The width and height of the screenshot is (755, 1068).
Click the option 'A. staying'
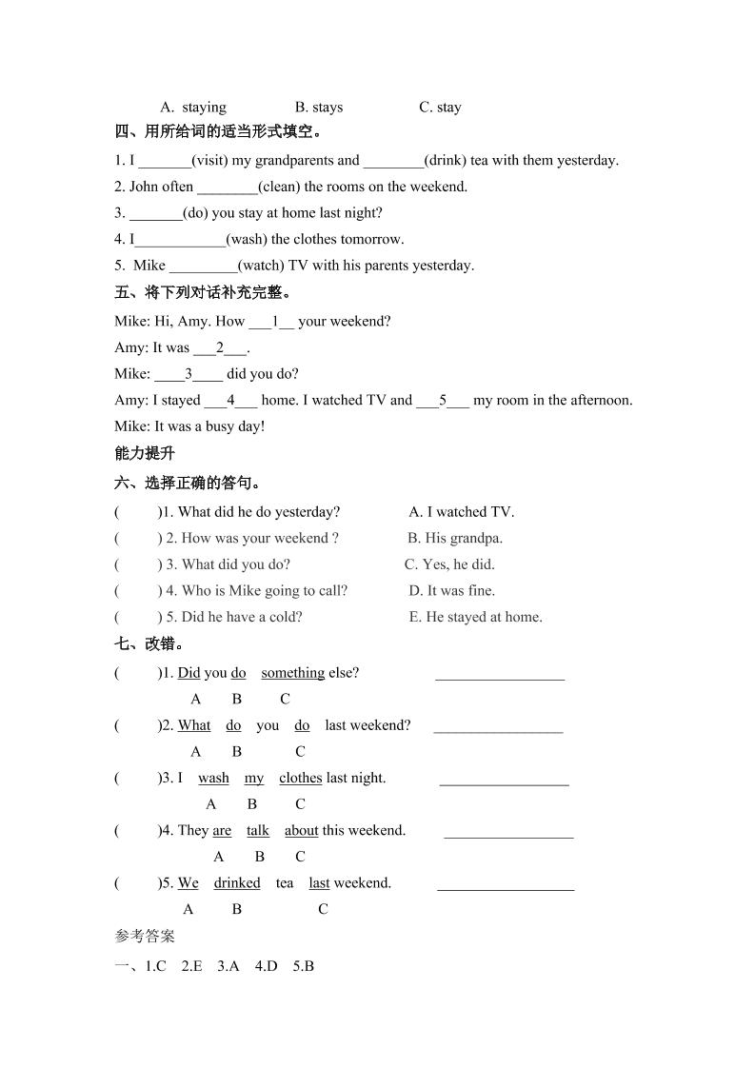pos(192,108)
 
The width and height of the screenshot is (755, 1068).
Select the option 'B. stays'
pos(319,108)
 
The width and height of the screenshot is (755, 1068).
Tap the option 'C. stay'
pos(440,108)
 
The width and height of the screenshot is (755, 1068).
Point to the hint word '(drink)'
pos(446,160)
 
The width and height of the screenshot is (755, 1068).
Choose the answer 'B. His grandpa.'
pos(455,538)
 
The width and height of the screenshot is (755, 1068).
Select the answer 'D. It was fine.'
pos(452,590)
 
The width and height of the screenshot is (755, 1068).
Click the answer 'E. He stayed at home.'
pos(476,617)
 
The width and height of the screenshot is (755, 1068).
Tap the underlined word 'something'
pos(292,673)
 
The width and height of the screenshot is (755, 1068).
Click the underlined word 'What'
pos(194,725)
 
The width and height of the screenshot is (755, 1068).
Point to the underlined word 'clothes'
pos(300,778)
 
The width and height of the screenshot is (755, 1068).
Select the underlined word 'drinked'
pos(237,883)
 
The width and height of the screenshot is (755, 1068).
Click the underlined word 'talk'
pos(258,831)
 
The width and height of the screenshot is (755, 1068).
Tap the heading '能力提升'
pos(145,454)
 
